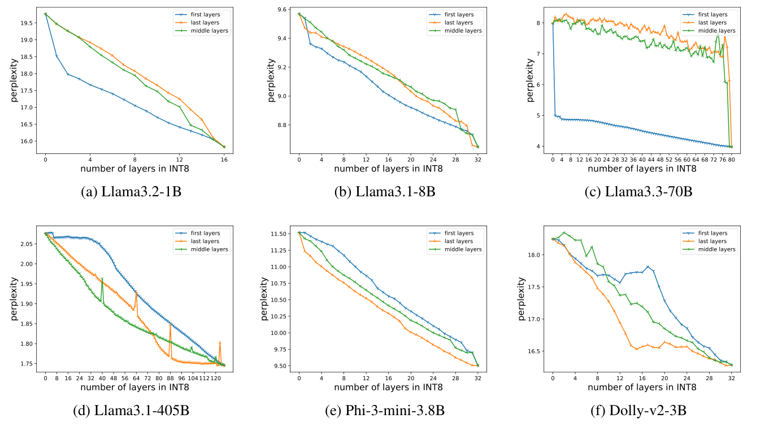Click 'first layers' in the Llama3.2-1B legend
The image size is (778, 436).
click(x=213, y=14)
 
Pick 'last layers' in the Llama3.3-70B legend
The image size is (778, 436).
click(x=720, y=22)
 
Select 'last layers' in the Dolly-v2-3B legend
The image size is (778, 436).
click(x=720, y=241)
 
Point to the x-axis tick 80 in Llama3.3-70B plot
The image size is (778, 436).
click(x=731, y=160)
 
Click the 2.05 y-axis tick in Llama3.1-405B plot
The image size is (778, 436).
click(x=27, y=244)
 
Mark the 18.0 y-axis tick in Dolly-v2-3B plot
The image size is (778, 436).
click(x=536, y=255)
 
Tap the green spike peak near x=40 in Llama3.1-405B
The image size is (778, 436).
click(x=102, y=278)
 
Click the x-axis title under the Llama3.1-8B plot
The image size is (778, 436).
click(x=388, y=168)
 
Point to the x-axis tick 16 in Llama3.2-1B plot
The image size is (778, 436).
click(x=224, y=160)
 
